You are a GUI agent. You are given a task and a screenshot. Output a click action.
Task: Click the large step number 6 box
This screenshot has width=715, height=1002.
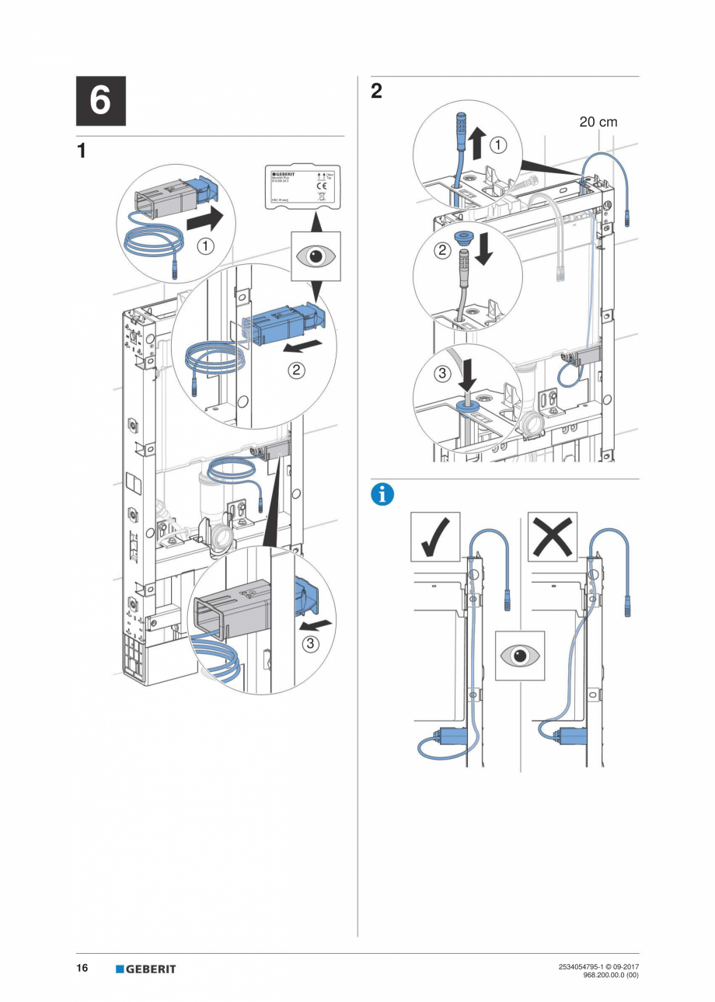click(100, 101)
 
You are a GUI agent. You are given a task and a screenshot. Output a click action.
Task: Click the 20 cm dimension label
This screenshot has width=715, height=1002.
click(598, 122)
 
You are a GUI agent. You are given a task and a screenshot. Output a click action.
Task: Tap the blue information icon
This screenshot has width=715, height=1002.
click(382, 495)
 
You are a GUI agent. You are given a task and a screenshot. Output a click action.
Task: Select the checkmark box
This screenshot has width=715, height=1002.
click(435, 537)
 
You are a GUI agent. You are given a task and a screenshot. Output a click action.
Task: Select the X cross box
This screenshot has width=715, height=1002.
click(552, 537)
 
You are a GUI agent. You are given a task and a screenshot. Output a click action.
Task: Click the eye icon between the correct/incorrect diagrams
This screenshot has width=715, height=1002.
click(520, 656)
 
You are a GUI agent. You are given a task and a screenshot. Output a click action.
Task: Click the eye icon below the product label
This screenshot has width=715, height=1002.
click(316, 256)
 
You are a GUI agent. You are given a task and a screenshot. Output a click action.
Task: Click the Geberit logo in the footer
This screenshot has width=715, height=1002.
click(146, 969)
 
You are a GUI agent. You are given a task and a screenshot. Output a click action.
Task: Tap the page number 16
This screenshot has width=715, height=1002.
click(82, 968)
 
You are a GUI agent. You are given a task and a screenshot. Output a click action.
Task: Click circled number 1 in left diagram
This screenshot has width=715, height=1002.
click(205, 246)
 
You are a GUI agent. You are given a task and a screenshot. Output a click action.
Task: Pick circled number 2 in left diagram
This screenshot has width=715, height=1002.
click(296, 371)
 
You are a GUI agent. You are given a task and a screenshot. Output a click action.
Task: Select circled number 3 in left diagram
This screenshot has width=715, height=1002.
click(310, 643)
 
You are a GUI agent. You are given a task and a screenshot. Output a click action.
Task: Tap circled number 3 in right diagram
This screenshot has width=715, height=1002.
click(442, 374)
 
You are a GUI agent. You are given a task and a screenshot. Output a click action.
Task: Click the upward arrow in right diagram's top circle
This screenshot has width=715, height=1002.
click(477, 144)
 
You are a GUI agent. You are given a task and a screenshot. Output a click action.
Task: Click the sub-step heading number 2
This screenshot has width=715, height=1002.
click(376, 92)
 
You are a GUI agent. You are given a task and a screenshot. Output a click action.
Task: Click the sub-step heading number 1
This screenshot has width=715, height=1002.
click(82, 151)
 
